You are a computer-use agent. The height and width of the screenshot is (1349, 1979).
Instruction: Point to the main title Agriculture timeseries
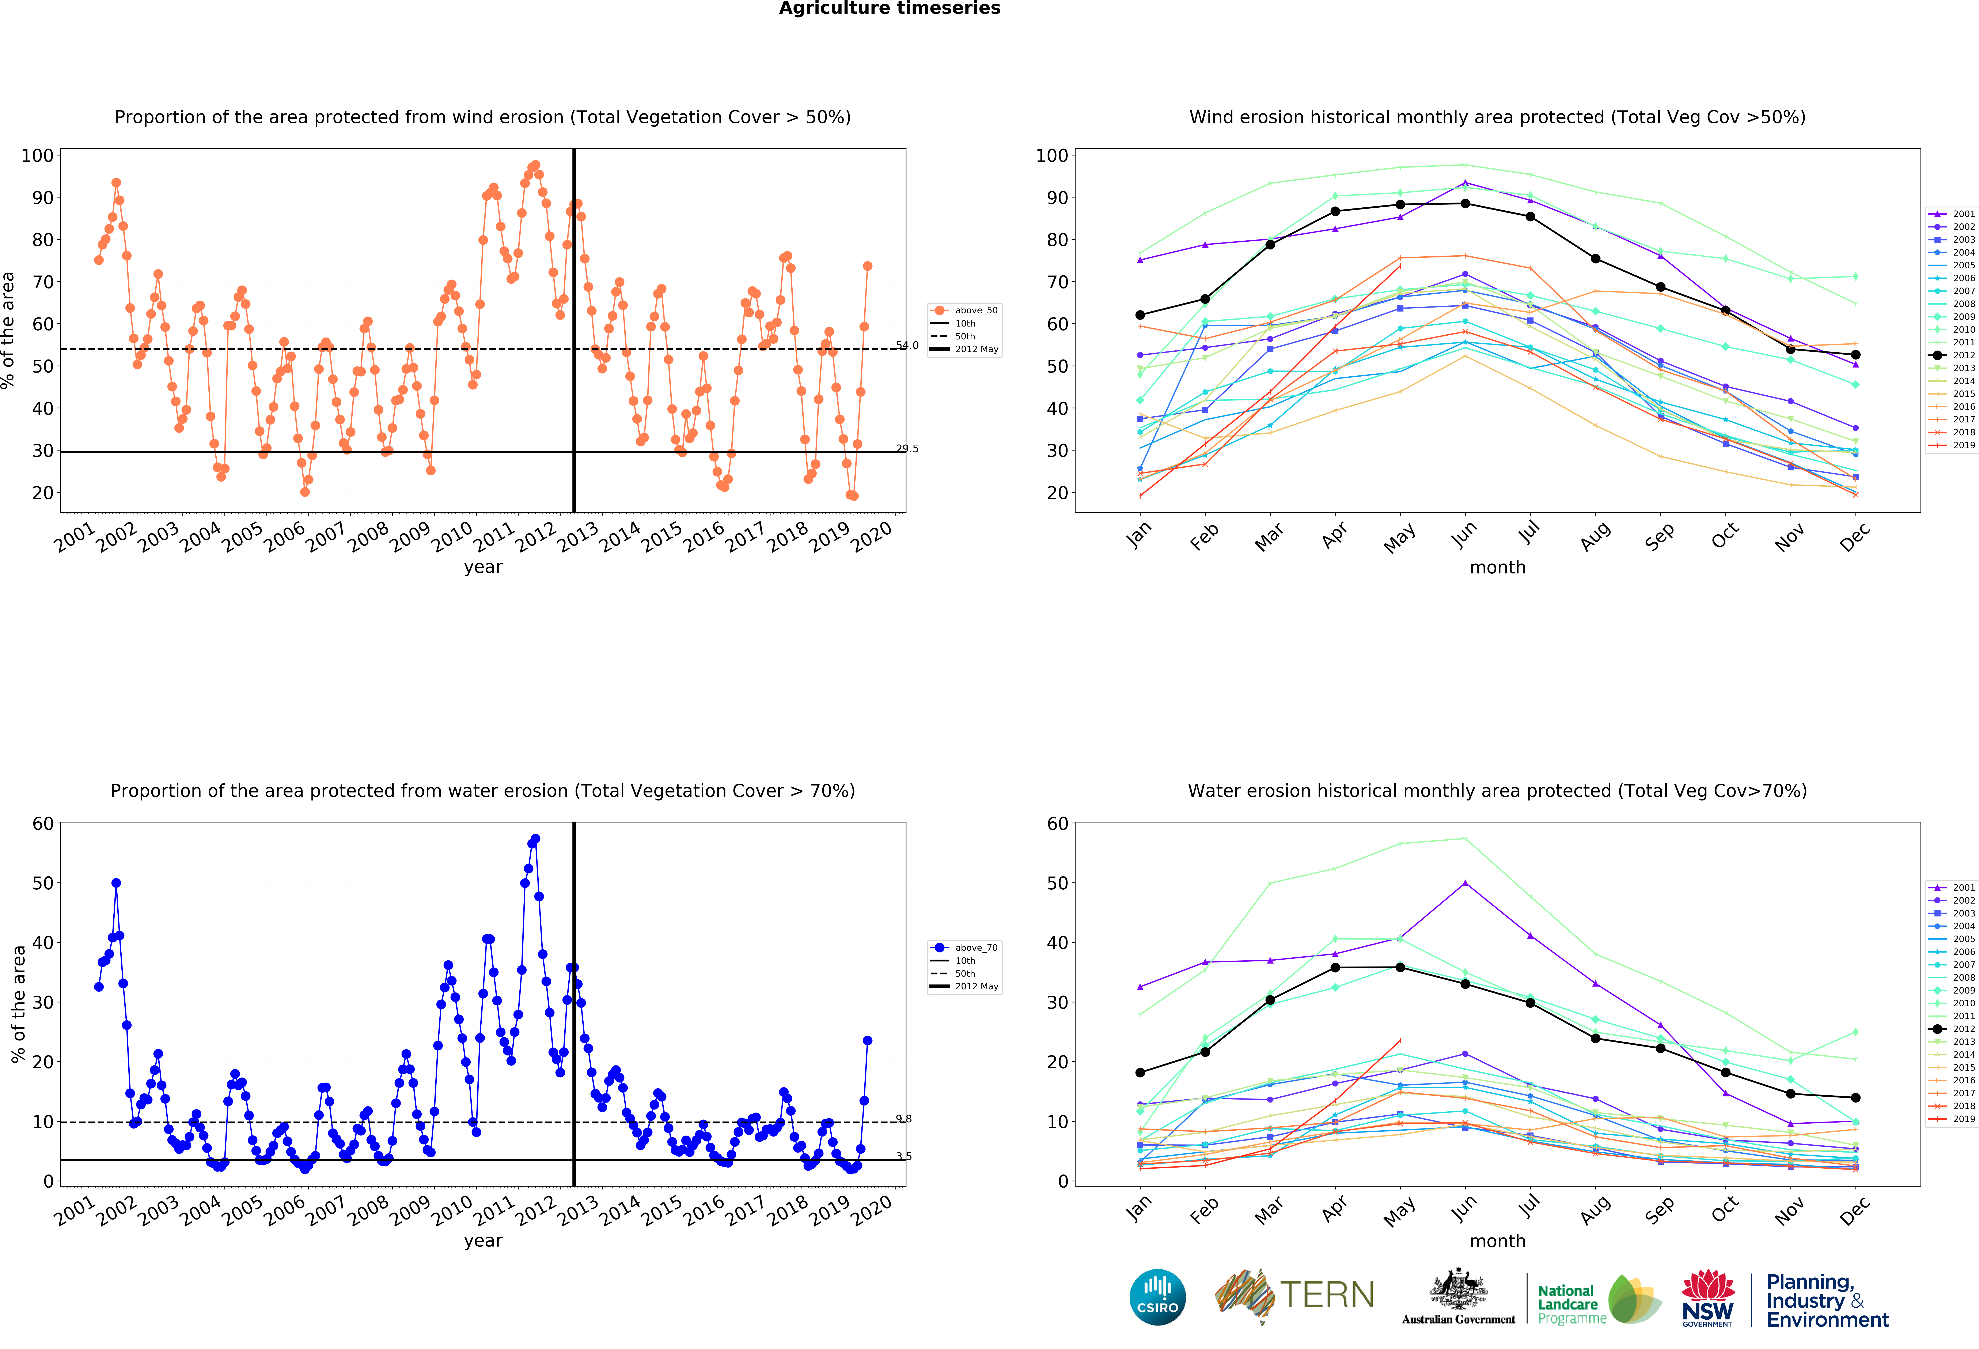click(889, 8)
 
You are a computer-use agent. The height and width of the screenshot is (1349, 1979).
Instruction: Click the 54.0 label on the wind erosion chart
click(907, 346)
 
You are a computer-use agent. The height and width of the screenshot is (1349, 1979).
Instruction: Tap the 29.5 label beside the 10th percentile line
click(907, 449)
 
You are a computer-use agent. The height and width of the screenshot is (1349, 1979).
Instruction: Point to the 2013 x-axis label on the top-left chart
click(579, 536)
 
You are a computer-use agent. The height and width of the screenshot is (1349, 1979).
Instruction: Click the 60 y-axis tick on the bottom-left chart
click(43, 824)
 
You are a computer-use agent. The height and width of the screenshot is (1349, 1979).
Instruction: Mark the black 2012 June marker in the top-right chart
click(1465, 204)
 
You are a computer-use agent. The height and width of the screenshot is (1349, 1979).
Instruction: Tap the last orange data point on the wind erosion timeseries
click(867, 266)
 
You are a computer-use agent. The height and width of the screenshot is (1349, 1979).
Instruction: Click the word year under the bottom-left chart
click(483, 1241)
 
